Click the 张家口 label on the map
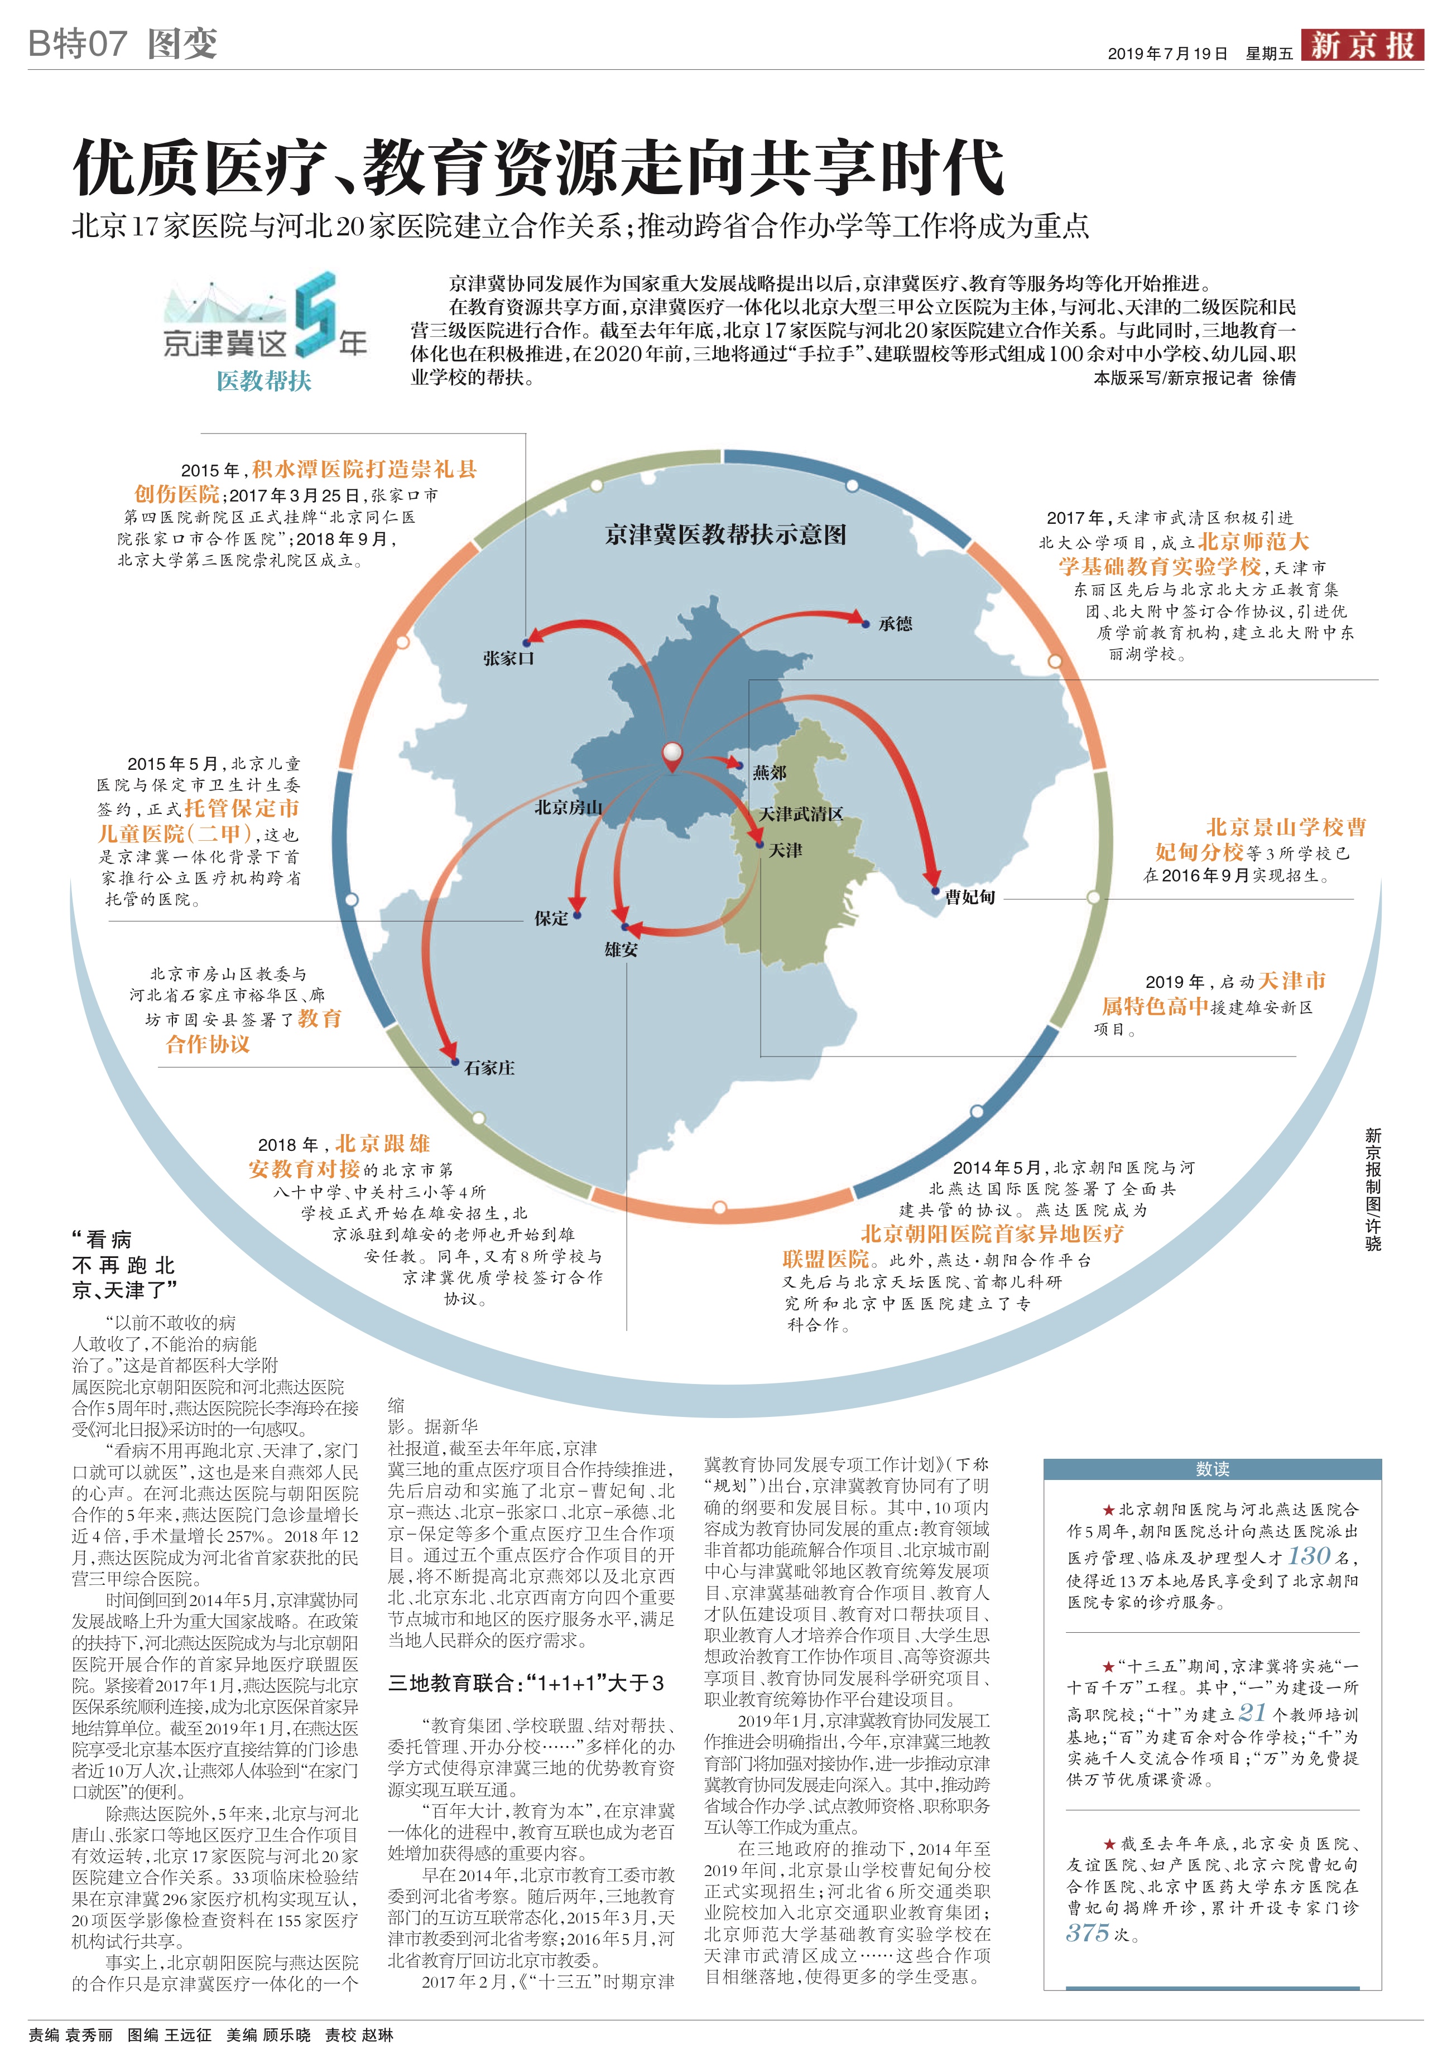click(508, 658)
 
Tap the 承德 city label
click(895, 624)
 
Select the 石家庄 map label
click(489, 1067)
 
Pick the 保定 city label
click(551, 918)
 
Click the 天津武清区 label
click(801, 814)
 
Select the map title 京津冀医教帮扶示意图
click(725, 535)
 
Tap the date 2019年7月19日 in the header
click(1167, 54)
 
